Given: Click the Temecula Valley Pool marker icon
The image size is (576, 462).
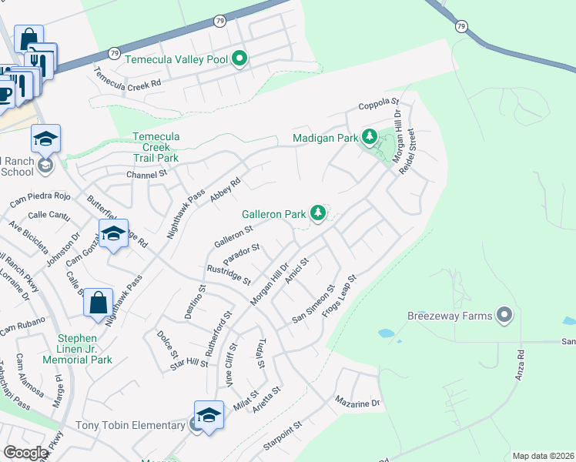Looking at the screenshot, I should point(240,59).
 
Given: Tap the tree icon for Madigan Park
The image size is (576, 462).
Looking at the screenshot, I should point(370,138).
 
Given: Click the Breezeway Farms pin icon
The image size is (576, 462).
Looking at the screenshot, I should point(504,315).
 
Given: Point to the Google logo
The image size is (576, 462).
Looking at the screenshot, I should point(25,453).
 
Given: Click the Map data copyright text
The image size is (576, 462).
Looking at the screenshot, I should point(543,456).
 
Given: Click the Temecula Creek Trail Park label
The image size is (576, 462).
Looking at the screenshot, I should point(156,147).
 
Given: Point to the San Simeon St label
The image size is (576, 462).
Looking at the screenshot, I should point(313,304).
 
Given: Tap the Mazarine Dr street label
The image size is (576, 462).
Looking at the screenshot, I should point(357,402).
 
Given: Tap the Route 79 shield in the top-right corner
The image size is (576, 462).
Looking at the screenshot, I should point(461,26).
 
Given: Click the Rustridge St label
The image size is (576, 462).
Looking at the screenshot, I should point(229,274).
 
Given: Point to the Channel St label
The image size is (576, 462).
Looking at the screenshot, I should point(146,175).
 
